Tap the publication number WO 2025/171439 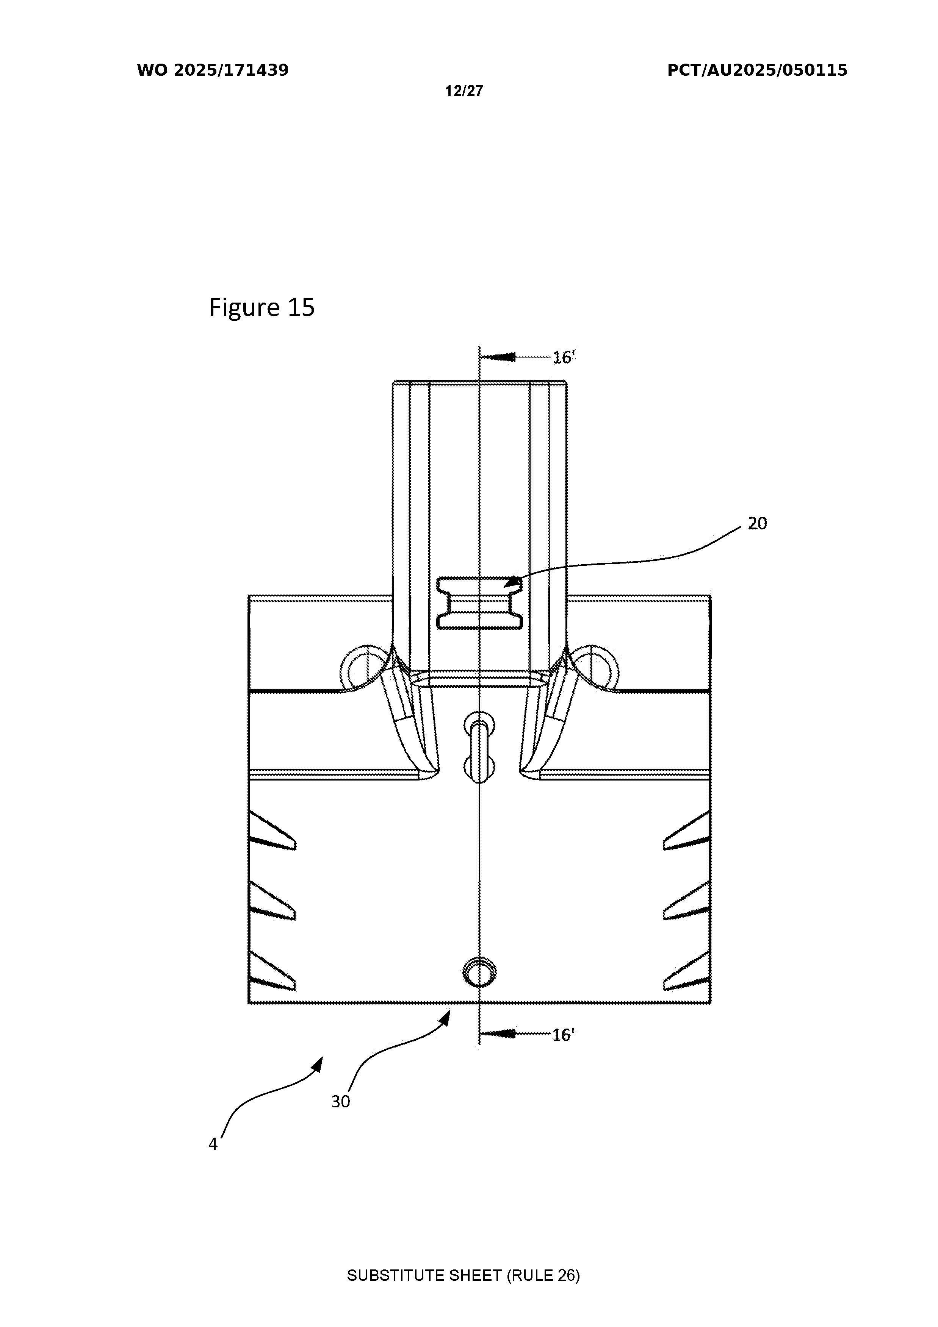pos(213,70)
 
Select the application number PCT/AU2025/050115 pos(757,70)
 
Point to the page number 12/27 pos(464,91)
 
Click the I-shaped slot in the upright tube pos(480,603)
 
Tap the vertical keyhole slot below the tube pos(479,747)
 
